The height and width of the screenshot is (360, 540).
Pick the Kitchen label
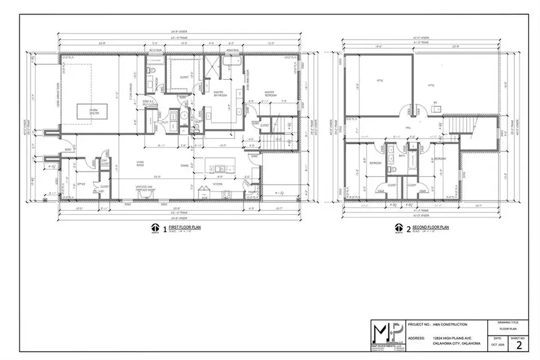pos(217,184)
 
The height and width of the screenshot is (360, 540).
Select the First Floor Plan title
pos(184,227)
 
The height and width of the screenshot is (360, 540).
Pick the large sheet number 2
pos(519,344)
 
